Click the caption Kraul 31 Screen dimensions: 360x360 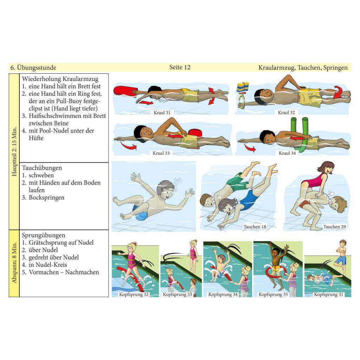click(162, 112)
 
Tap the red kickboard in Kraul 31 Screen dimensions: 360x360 click(125, 91)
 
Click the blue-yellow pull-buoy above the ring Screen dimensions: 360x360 click(243, 87)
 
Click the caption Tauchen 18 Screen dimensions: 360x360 click(255, 227)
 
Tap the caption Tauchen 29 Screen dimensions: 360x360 click(334, 227)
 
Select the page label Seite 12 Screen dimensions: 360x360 click(180, 67)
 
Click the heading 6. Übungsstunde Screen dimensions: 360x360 click(33, 67)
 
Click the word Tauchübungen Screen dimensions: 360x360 click(42, 168)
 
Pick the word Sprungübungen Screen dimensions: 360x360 click(43, 235)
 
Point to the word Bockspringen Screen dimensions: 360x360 click(46, 198)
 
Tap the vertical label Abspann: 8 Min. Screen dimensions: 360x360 click(14, 262)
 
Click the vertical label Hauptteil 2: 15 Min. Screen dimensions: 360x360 click(14, 152)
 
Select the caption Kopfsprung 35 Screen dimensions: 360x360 click(273, 294)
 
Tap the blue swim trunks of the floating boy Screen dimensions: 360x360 click(140, 212)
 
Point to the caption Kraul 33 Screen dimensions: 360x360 click(161, 153)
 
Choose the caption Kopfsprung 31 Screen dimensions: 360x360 click(328, 294)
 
